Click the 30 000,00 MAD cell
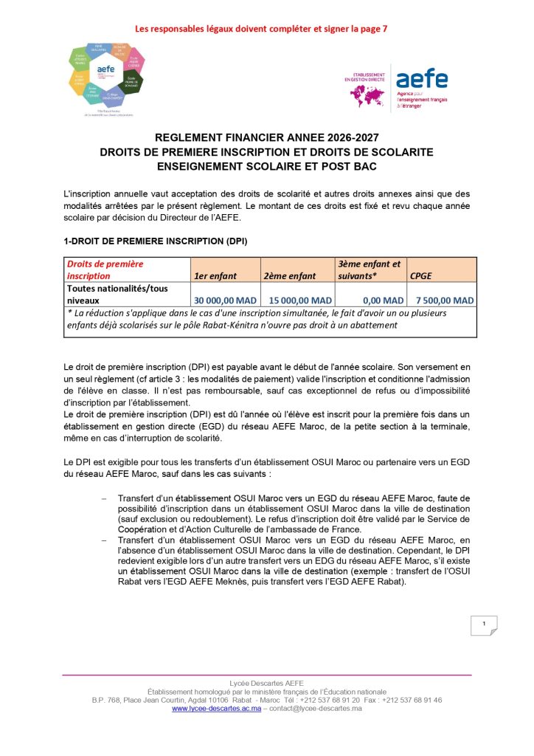coord(226,300)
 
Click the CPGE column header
coord(422,276)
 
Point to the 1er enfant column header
coord(215,276)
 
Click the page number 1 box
coord(484,626)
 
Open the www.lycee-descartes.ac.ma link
coord(216,709)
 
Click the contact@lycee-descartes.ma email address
coord(314,709)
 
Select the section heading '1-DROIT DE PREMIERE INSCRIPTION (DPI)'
coord(155,241)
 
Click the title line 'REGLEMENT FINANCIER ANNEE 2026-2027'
coord(267,138)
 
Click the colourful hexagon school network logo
coord(107,77)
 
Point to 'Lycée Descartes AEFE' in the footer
coord(267,683)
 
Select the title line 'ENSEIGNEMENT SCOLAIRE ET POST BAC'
coord(267,165)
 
